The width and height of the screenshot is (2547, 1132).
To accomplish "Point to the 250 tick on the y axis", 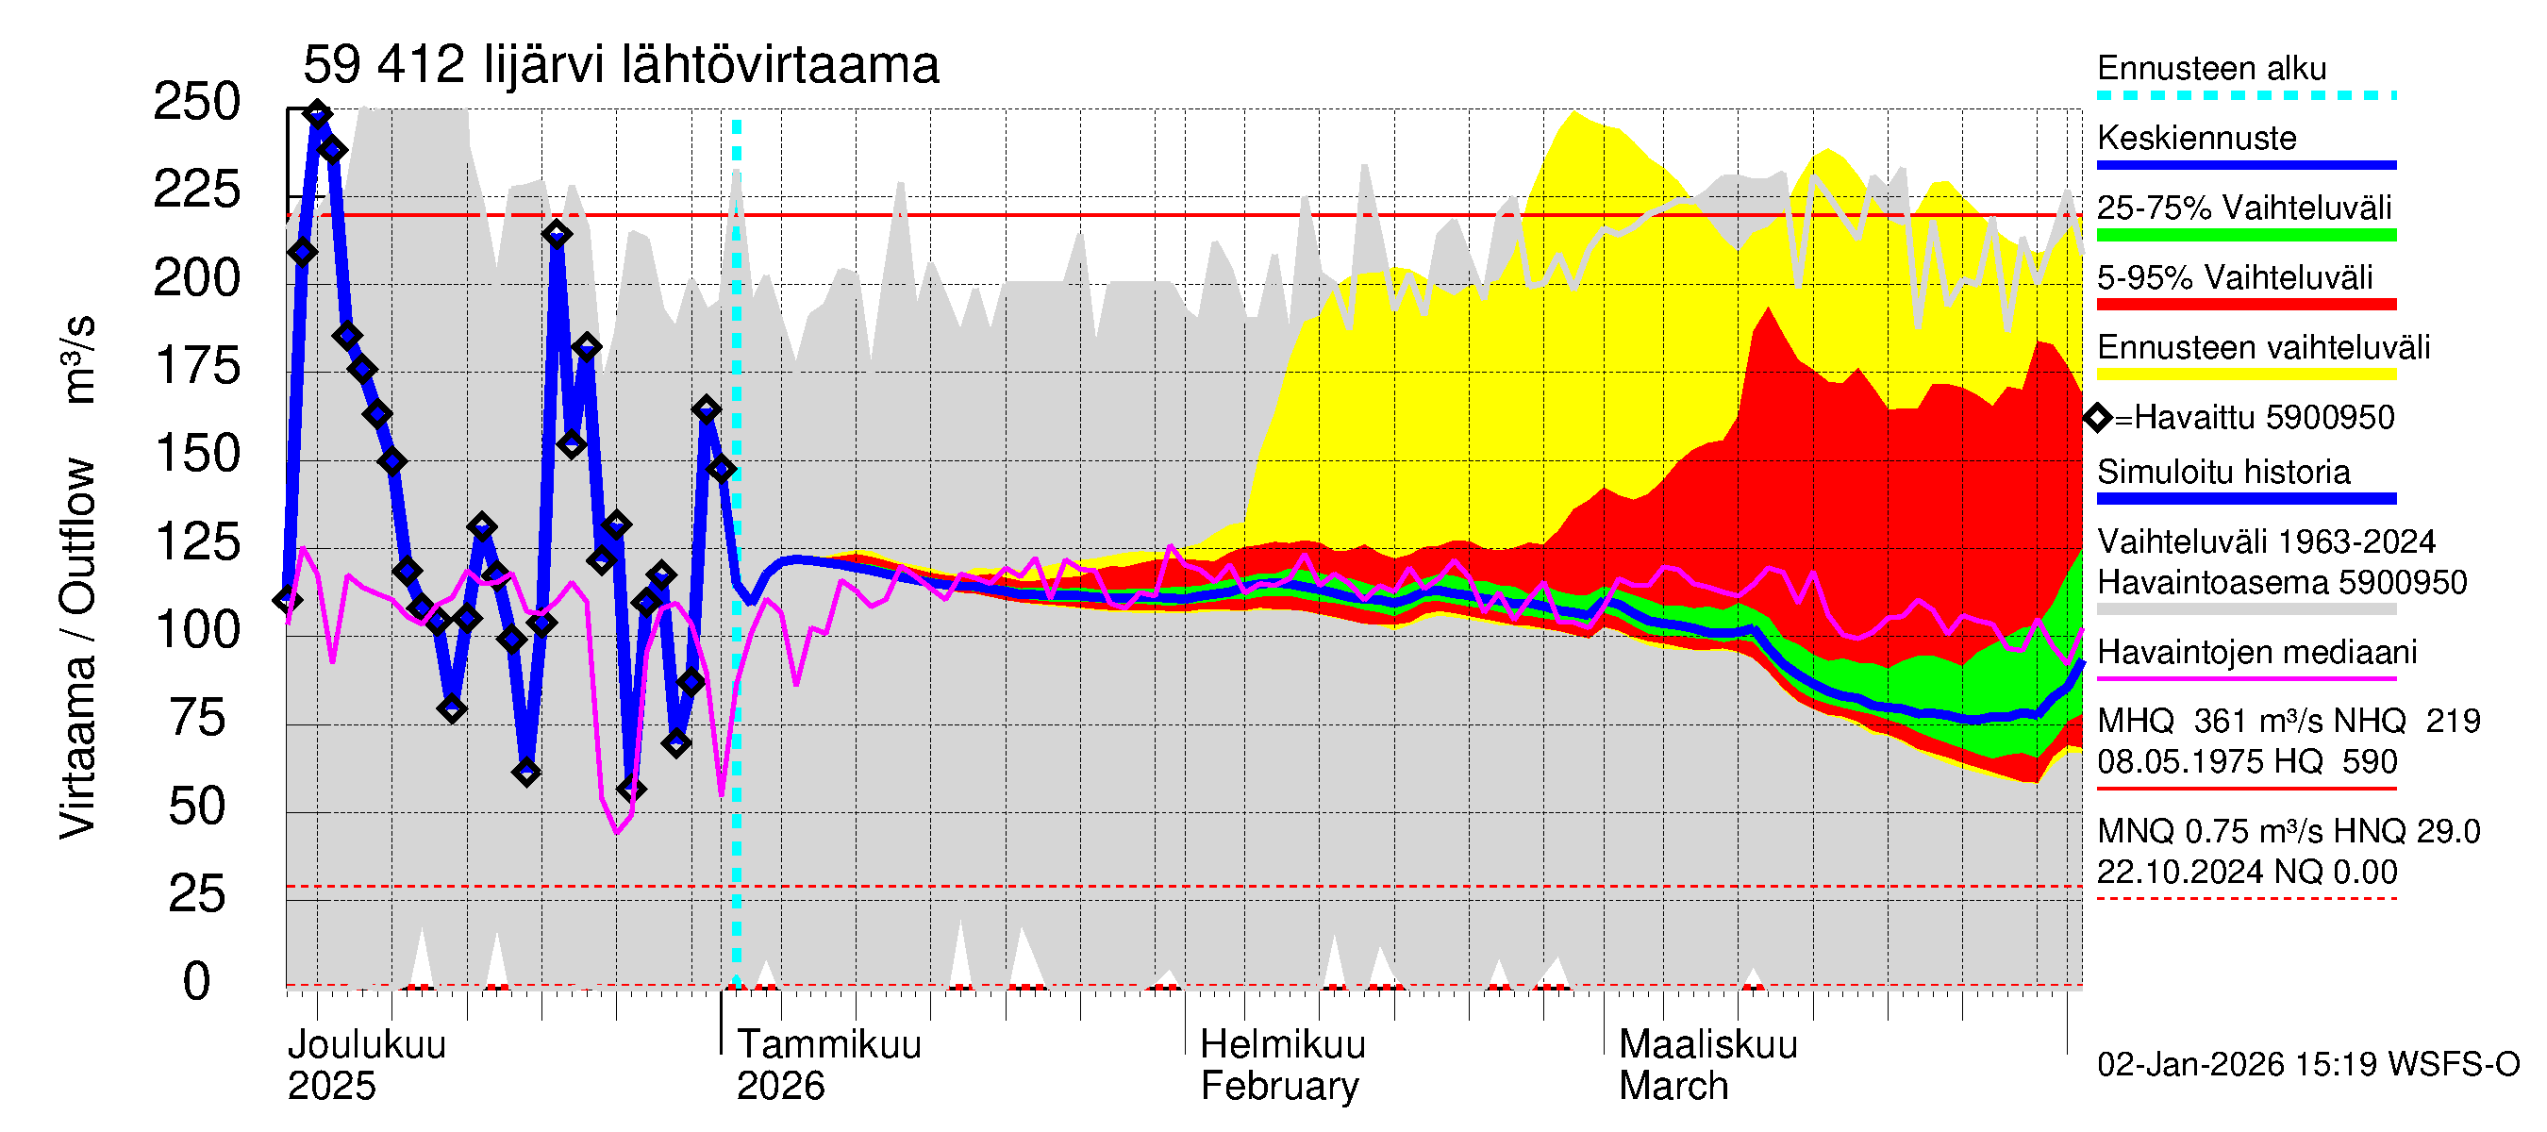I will (x=197, y=102).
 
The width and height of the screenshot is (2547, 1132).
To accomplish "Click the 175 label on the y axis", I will (x=197, y=367).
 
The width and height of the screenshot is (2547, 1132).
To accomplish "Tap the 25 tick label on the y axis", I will (x=197, y=894).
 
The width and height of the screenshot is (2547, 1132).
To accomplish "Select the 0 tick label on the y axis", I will (x=197, y=983).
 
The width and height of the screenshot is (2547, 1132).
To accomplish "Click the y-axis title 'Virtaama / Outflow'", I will (x=77, y=647).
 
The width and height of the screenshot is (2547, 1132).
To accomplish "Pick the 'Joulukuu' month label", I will (x=367, y=1045).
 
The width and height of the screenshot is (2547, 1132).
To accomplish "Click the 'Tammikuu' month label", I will (x=828, y=1045).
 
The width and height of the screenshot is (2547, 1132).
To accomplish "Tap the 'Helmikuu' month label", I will (x=1282, y=1045).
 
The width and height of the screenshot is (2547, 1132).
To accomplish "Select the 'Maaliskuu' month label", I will (x=1707, y=1045).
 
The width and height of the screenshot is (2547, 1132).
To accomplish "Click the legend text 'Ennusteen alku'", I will (x=2211, y=68).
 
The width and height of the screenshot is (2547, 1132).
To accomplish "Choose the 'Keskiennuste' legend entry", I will (x=2196, y=139).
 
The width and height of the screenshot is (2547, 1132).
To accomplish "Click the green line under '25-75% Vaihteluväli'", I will (x=2245, y=235).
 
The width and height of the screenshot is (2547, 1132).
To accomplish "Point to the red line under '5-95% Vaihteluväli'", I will (x=2245, y=305).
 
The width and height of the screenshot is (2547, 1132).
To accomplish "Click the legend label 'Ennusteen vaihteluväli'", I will (x=2263, y=348).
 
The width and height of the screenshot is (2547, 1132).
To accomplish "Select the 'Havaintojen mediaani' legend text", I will (x=2256, y=653).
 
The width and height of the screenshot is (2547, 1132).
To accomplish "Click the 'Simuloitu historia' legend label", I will (x=2222, y=473).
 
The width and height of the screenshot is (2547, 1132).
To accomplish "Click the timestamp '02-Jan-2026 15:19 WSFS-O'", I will (x=2307, y=1065).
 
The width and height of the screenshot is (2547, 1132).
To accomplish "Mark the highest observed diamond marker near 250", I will (x=317, y=114).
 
